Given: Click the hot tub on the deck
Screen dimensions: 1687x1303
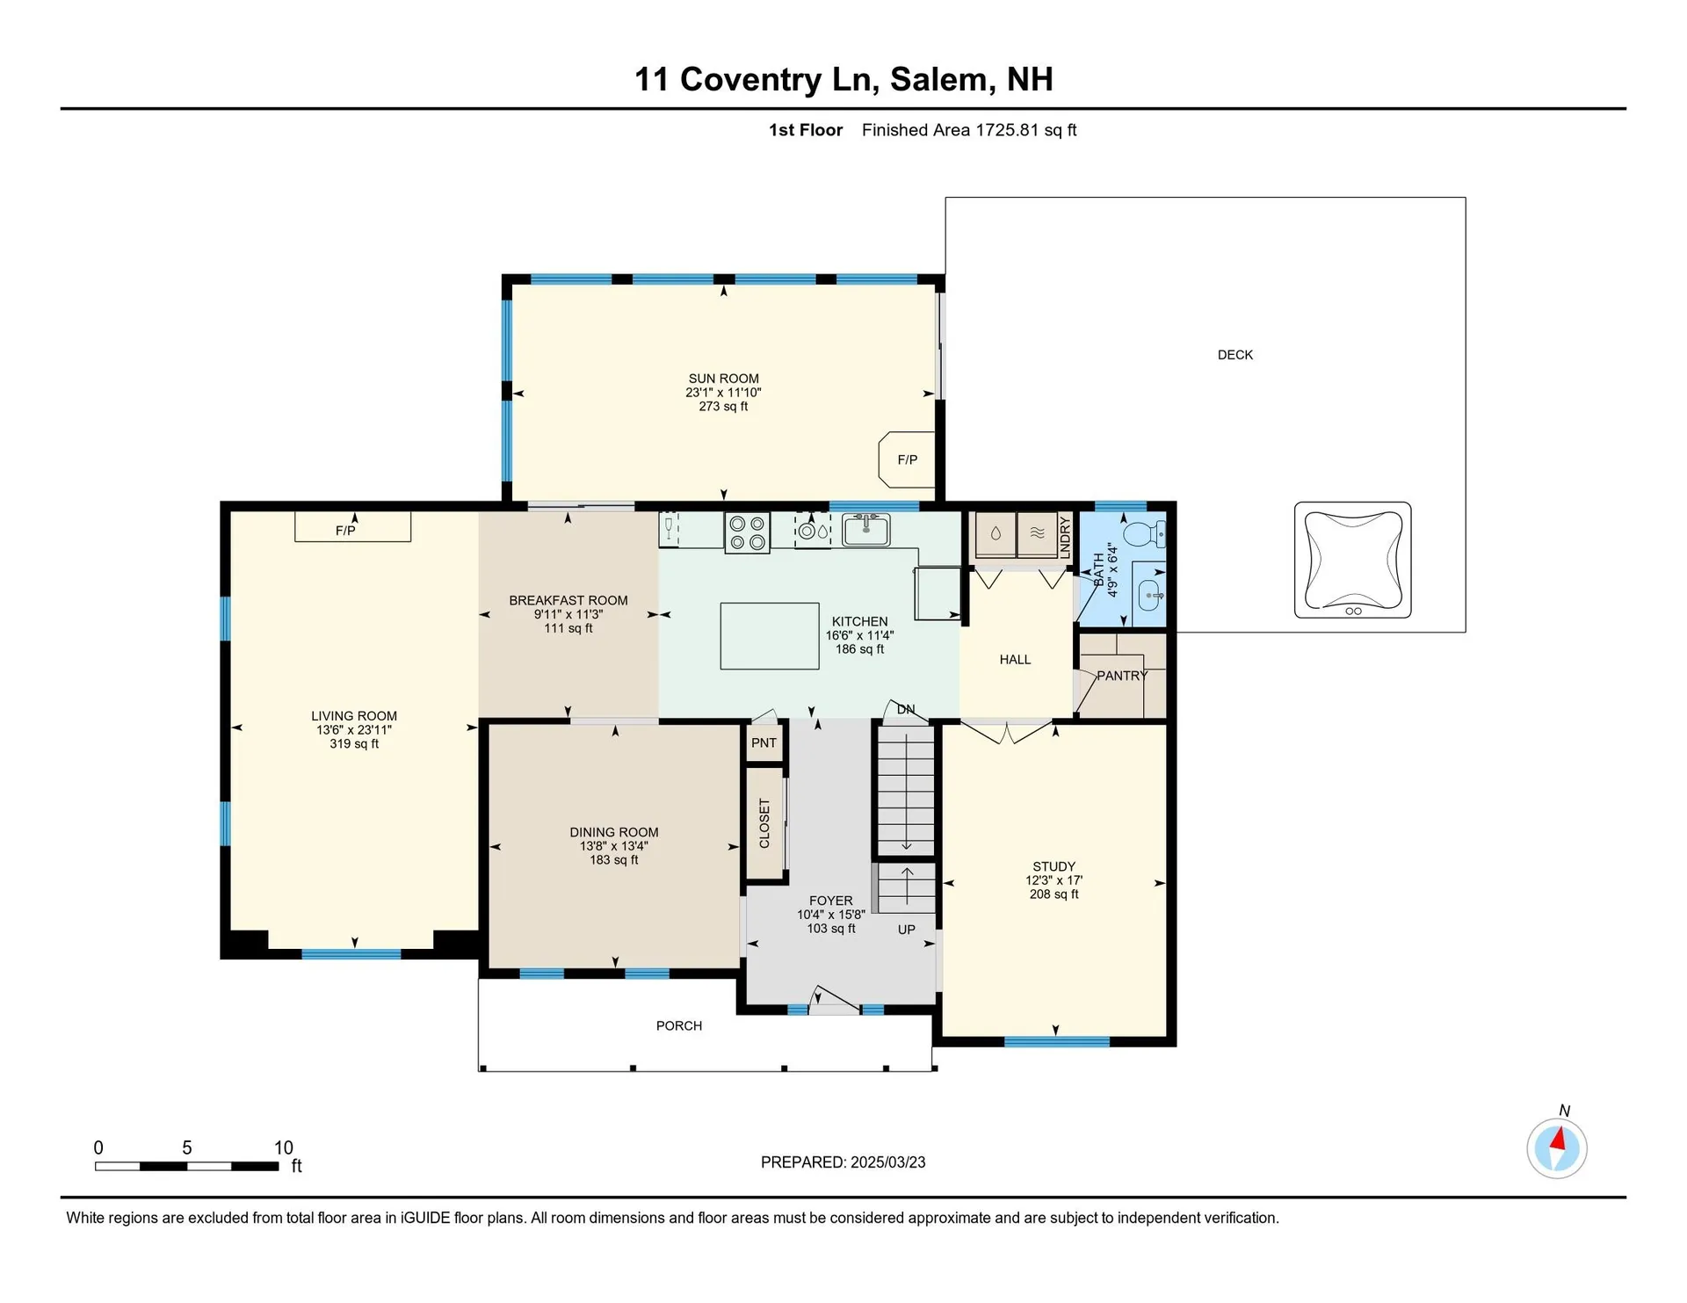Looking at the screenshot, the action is tap(1352, 560).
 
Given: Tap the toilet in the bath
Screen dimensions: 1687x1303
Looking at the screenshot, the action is tap(1145, 532).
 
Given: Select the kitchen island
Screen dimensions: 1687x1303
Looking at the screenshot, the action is tap(770, 635).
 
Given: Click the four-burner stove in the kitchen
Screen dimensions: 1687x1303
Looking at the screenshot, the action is tap(747, 532).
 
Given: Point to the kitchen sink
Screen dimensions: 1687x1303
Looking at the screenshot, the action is tap(865, 530).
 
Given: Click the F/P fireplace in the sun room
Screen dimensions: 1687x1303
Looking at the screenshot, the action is tap(907, 460).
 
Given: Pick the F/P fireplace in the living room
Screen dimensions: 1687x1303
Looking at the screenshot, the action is tap(352, 527).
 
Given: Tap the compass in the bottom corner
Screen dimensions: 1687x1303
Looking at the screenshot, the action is tap(1557, 1147).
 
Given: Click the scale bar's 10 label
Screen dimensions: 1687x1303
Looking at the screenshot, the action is tap(283, 1147).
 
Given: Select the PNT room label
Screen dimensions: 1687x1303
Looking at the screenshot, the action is tap(764, 742).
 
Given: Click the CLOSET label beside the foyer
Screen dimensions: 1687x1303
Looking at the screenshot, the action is tap(764, 823).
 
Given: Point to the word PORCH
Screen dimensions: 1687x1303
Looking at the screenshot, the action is tap(679, 1025).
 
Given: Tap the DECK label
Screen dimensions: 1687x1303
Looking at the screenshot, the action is tap(1235, 355).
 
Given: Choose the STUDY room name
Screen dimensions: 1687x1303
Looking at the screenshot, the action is tap(1053, 866).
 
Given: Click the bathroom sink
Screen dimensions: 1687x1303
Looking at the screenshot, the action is tap(1150, 595).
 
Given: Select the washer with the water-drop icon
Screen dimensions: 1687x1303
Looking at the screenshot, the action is tap(996, 534).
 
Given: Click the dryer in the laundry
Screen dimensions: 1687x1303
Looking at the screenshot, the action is tap(1038, 534).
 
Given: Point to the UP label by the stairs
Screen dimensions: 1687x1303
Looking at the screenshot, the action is tap(907, 930).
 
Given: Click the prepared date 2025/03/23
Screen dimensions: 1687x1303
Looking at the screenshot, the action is tap(887, 1162).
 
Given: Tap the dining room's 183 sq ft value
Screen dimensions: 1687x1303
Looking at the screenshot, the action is tap(614, 860).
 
